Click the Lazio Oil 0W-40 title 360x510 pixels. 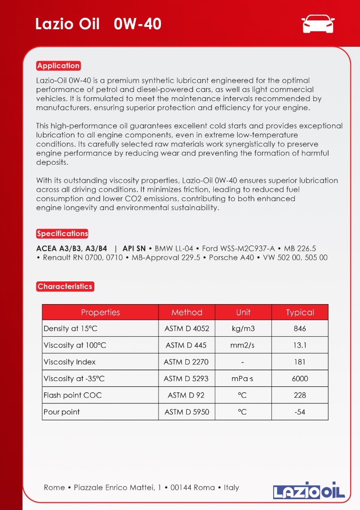pos(98,24)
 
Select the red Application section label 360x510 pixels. pos(59,66)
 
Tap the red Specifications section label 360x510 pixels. pos(62,234)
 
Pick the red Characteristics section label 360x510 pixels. pos(65,287)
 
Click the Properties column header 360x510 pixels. pos(100,312)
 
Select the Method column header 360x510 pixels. pos(187,312)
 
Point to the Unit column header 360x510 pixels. pos(243,312)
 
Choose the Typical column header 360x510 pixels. pos(300,312)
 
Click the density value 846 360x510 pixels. pos(300,329)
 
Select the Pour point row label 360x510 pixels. pos(62,412)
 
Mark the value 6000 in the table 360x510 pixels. pos(300,379)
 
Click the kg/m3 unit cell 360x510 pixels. pos(243,329)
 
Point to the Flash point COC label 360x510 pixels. pos(73,395)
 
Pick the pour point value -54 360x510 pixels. pos(300,412)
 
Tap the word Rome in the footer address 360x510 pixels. pos(54,487)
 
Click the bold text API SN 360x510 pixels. pos(134,248)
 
